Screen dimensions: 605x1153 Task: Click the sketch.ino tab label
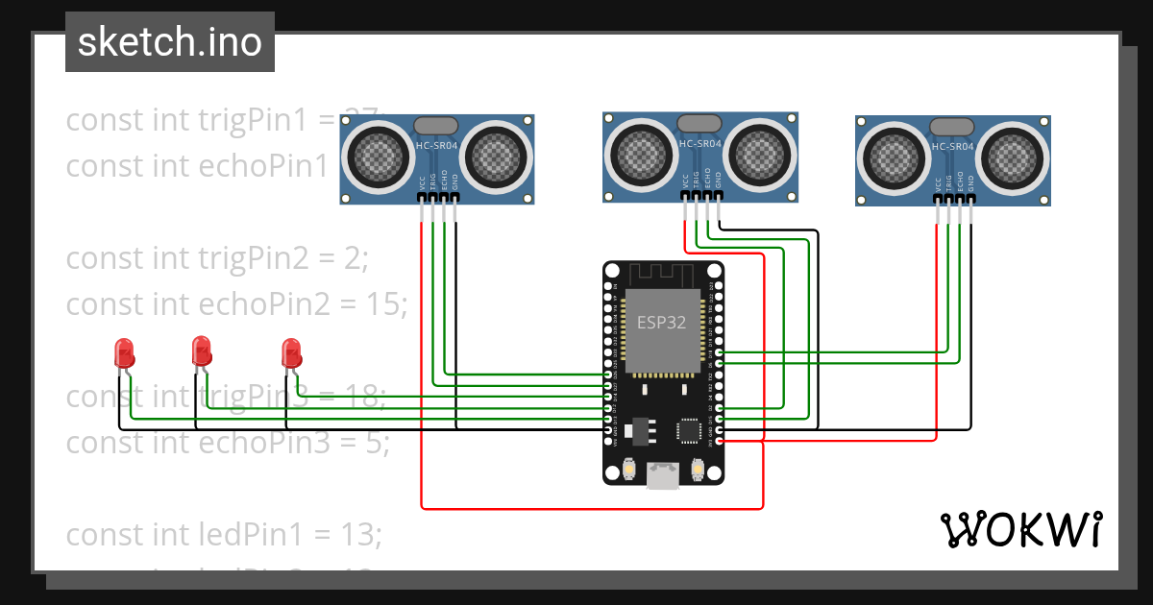(x=170, y=42)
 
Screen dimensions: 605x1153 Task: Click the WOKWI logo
(x=1020, y=529)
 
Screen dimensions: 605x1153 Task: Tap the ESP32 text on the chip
(x=661, y=323)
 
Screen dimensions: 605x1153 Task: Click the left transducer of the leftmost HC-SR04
(x=374, y=153)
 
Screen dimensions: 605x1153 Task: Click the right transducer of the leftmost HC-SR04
(x=500, y=153)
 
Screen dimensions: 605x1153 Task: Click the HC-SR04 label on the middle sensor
(x=699, y=144)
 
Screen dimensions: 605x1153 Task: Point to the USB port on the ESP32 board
(x=662, y=475)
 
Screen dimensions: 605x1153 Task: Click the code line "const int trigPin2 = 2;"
(x=217, y=258)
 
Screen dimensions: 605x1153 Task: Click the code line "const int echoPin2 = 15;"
(x=237, y=304)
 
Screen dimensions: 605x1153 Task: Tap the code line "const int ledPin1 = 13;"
(x=224, y=533)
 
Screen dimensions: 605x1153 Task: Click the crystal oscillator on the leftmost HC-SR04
(x=437, y=126)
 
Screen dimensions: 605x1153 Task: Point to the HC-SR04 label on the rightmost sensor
(x=952, y=147)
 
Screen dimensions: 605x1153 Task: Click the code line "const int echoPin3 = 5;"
(x=228, y=443)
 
